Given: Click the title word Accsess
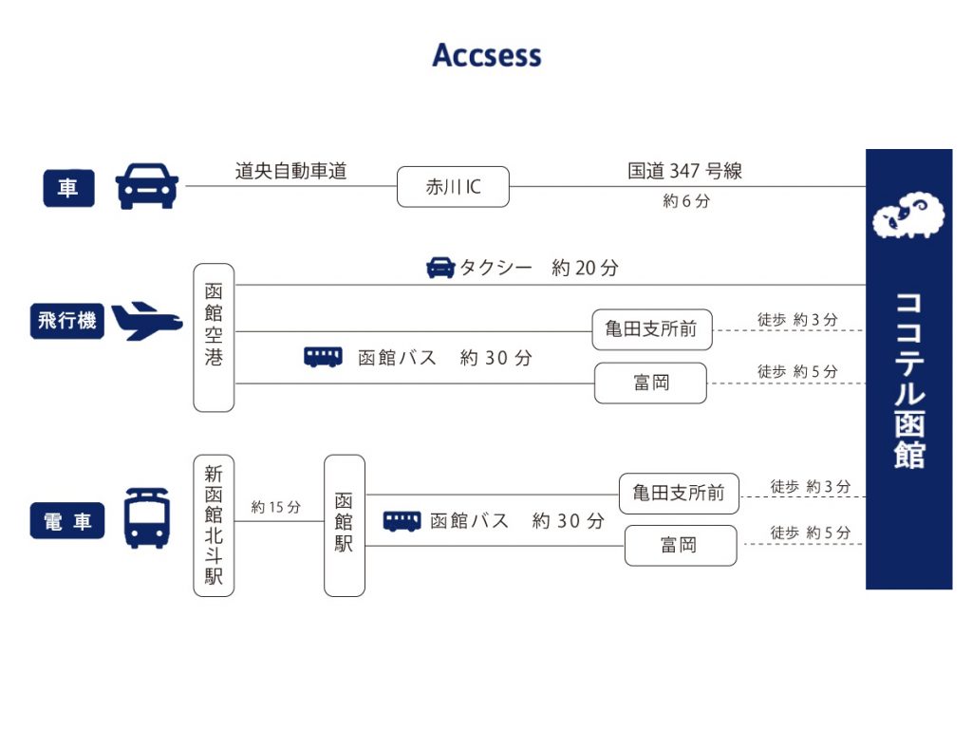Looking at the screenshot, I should click(x=486, y=55).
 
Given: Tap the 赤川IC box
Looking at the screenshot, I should click(x=453, y=187).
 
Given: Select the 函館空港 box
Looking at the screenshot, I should click(x=214, y=338).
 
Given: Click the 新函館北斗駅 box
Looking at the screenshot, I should click(x=214, y=525).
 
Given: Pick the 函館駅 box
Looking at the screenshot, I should click(x=344, y=525).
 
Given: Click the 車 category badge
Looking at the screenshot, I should click(x=68, y=188).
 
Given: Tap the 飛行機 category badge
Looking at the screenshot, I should click(x=67, y=321).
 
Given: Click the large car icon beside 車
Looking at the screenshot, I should click(x=147, y=186).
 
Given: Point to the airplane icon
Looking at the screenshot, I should click(x=147, y=321).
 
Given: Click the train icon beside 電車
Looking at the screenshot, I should click(x=147, y=518).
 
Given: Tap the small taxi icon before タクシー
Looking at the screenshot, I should click(x=440, y=268).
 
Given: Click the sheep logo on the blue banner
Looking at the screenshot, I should click(x=908, y=216).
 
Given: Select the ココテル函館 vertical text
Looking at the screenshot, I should click(x=908, y=380).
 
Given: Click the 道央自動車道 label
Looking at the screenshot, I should click(x=291, y=171).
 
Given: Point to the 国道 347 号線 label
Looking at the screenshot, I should click(x=684, y=171).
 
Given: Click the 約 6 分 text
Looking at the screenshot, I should click(x=685, y=201).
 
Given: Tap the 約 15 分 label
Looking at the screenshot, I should click(x=275, y=508).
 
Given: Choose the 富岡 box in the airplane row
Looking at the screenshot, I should click(x=650, y=383).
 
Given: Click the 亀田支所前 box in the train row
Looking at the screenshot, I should click(x=679, y=494).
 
